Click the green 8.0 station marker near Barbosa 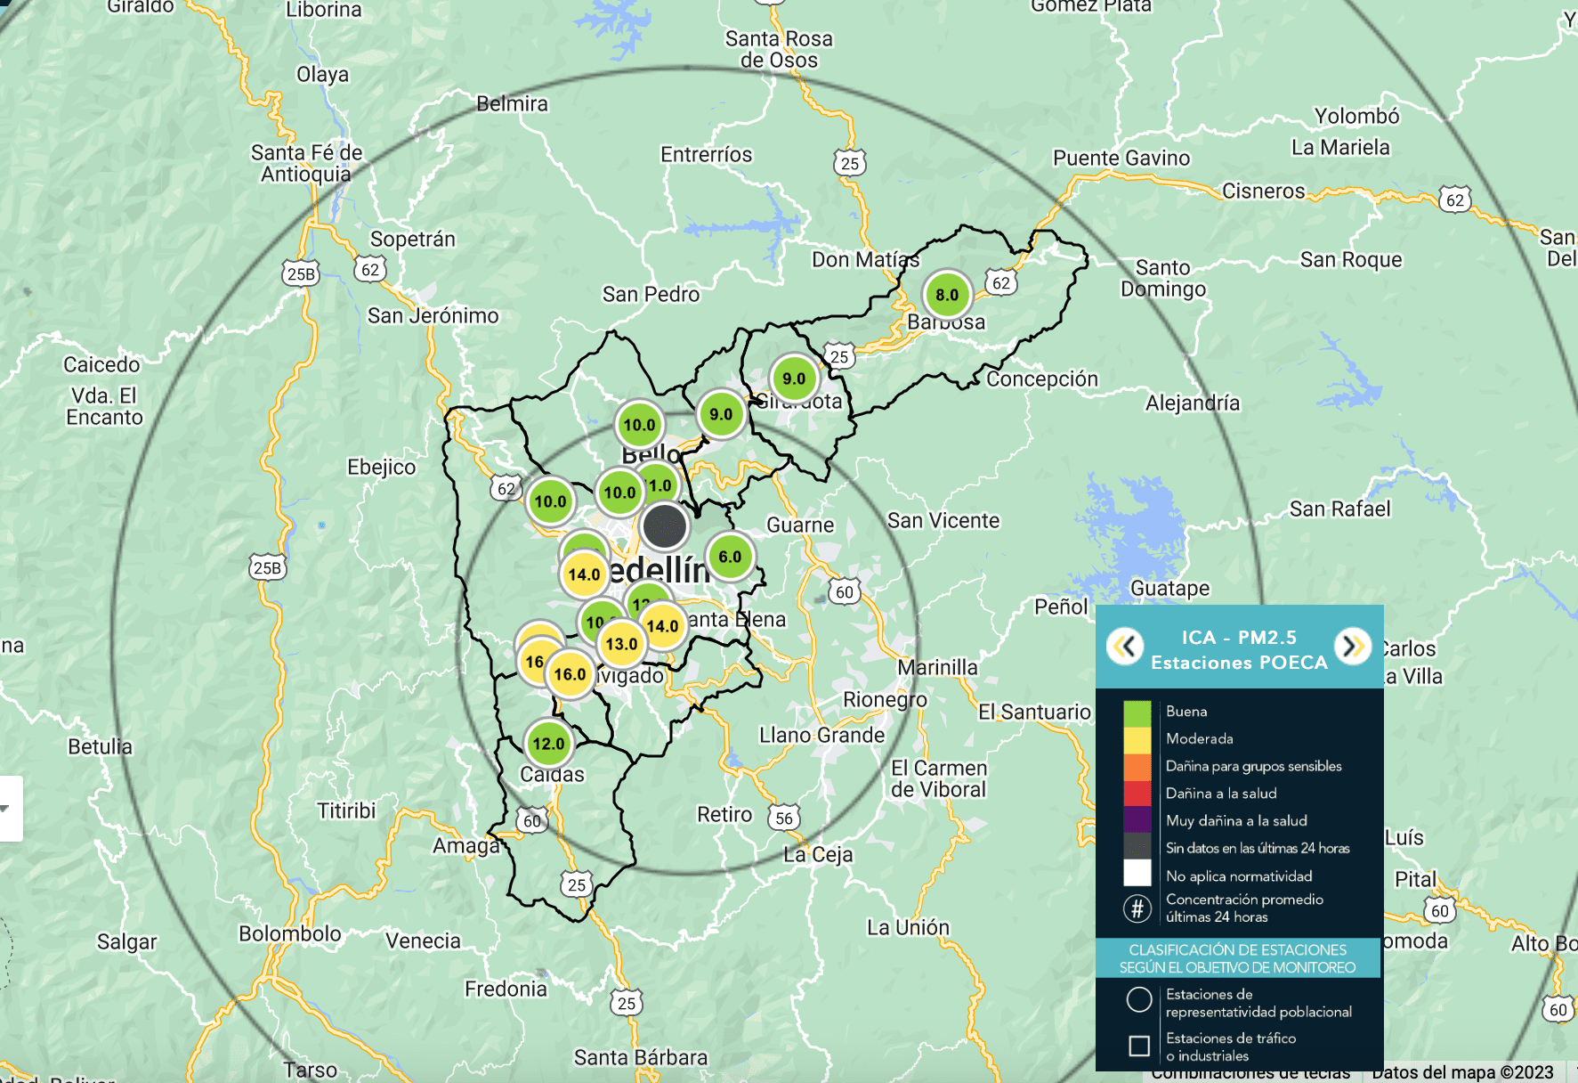click(x=947, y=295)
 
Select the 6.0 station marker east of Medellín click(x=730, y=557)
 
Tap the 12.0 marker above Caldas click(x=548, y=744)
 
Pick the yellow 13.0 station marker click(x=621, y=644)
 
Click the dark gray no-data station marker click(x=665, y=525)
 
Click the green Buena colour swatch click(x=1137, y=712)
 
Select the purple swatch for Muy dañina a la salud click(x=1137, y=820)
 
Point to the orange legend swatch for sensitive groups click(x=1137, y=766)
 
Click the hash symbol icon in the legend click(x=1137, y=908)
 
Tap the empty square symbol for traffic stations click(x=1138, y=1046)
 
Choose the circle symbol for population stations click(x=1138, y=1000)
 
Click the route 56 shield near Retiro click(x=784, y=818)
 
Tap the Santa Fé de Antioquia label click(x=306, y=163)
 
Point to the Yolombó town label click(x=1356, y=117)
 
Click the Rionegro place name click(x=885, y=700)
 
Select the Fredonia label click(x=506, y=989)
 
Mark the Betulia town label click(x=100, y=746)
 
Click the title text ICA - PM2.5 click(x=1239, y=638)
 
